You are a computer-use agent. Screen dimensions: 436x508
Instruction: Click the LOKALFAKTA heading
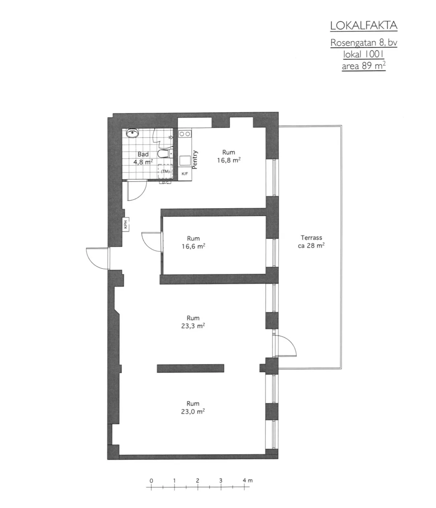[x=364, y=26]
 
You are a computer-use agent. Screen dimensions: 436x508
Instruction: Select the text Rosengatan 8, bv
[x=364, y=43]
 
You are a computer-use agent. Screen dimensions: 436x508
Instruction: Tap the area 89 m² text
[x=364, y=66]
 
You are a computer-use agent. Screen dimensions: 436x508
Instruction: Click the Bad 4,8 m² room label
[x=143, y=158]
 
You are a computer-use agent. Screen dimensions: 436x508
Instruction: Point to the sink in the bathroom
[x=133, y=133]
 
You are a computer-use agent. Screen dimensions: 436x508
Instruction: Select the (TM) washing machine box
[x=165, y=172]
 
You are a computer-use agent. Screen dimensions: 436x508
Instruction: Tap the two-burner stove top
[x=185, y=134]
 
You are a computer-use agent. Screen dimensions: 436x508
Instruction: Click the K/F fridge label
[x=185, y=174]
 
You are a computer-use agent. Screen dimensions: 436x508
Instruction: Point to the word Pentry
[x=195, y=160]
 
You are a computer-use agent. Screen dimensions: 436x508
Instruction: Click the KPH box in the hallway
[x=126, y=225]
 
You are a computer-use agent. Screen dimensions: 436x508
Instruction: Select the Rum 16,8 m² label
[x=229, y=156]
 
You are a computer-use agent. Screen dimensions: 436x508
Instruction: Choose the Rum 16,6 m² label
[x=193, y=242]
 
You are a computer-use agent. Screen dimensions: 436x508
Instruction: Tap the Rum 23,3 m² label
[x=193, y=322]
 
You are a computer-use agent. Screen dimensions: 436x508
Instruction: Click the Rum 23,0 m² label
[x=193, y=408]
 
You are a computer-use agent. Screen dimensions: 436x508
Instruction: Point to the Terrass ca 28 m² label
[x=311, y=241]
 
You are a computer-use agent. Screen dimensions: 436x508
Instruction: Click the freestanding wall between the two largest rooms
[x=190, y=368]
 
